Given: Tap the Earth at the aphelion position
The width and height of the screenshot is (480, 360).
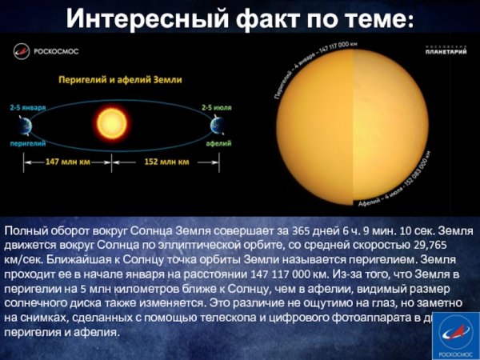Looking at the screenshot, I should pyautogui.click(x=217, y=126).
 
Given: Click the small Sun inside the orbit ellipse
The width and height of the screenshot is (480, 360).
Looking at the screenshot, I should pyautogui.click(x=112, y=124).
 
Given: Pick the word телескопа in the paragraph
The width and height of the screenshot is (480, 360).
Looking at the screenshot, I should pyautogui.click(x=246, y=318).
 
